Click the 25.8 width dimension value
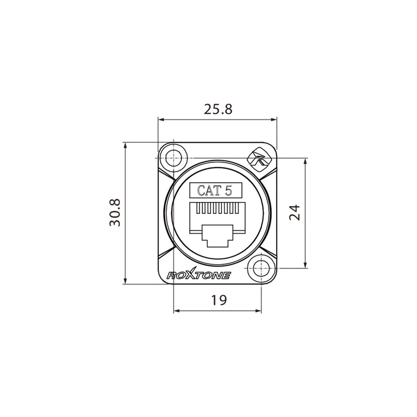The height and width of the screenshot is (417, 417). (x=218, y=109)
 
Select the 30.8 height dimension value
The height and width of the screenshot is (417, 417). (x=115, y=213)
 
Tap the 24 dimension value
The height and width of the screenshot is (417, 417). (x=294, y=212)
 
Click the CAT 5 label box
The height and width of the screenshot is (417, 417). (x=215, y=190)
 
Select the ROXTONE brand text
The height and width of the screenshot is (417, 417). (x=199, y=276)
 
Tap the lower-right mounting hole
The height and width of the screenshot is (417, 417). (x=261, y=268)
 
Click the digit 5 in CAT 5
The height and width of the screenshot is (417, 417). (x=228, y=190)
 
